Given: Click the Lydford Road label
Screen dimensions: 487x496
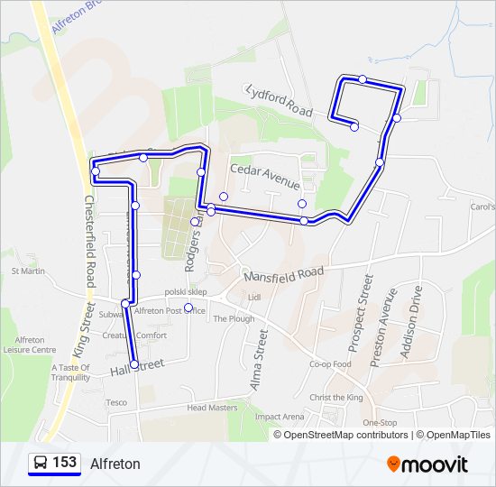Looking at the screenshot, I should coord(279,100).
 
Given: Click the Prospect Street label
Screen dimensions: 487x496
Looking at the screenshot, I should coord(360,314).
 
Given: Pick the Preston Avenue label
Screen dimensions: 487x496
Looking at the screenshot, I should coord(382,326).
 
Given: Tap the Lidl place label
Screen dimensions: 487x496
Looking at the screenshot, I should coord(253,297).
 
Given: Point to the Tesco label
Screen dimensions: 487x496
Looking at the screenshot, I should coord(116,402).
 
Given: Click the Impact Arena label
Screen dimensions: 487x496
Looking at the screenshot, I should coord(280,417).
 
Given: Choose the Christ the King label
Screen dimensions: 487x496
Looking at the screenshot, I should coord(335,398).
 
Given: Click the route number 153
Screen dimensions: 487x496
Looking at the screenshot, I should coord(64,463).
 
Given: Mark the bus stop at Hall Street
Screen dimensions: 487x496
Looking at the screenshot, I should coord(134,364).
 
